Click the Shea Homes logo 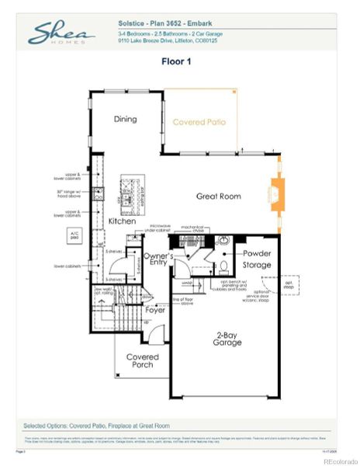pyautogui.click(x=61, y=33)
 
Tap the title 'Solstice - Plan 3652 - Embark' pyautogui.click(x=166, y=24)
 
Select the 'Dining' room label pyautogui.click(x=125, y=119)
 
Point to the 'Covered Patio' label pyautogui.click(x=198, y=122)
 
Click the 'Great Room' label pyautogui.click(x=216, y=196)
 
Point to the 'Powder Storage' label pyautogui.click(x=257, y=259)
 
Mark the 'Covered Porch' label pyautogui.click(x=142, y=361)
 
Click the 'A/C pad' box pyautogui.click(x=75, y=234)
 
